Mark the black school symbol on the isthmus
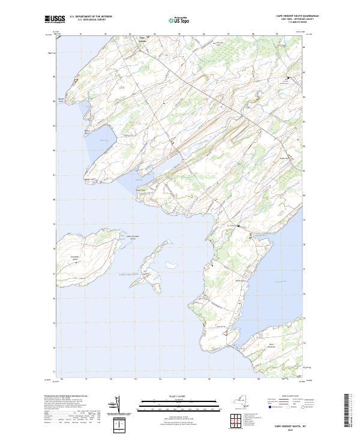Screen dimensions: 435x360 click(x=239, y=225)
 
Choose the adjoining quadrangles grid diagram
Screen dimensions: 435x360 click(x=236, y=419)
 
